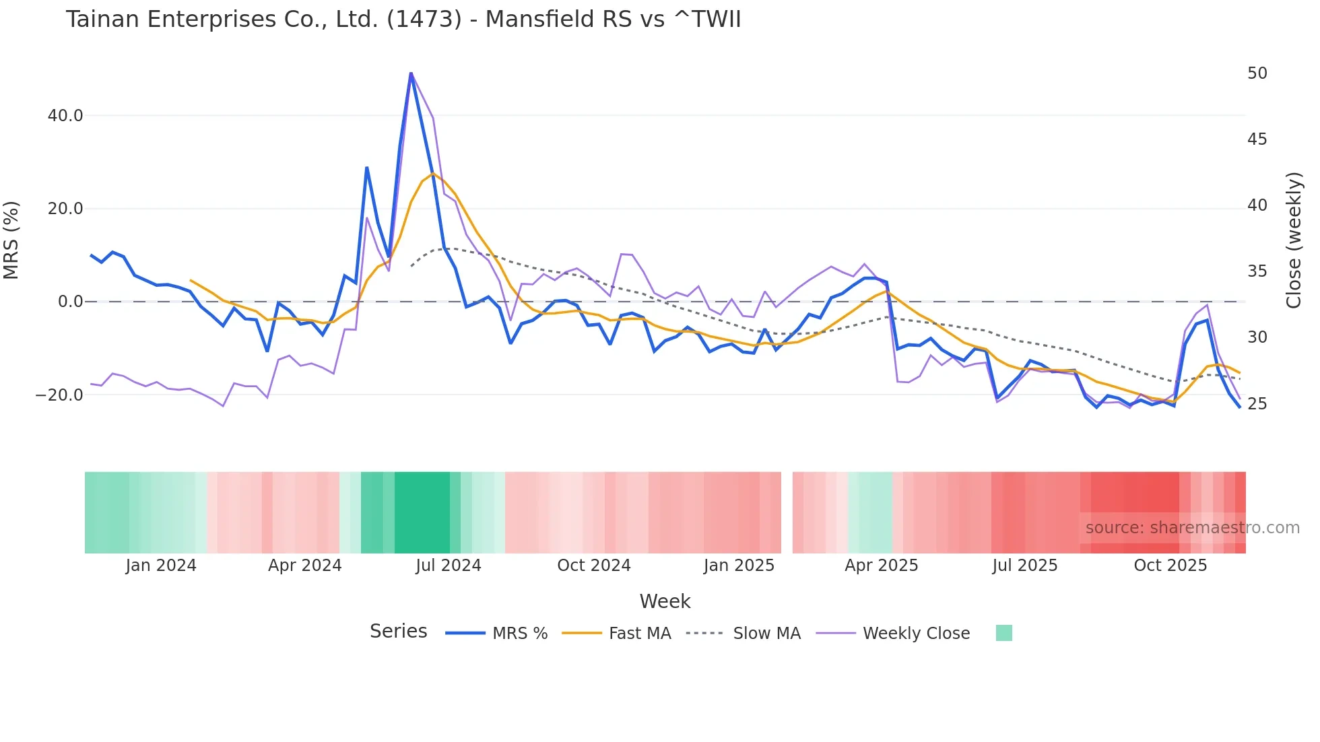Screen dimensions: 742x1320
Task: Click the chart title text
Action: coord(403,20)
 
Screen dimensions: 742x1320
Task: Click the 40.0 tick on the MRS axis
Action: coord(65,116)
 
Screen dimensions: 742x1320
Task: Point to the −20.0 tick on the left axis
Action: coord(59,395)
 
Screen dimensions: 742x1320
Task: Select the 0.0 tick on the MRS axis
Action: coord(70,302)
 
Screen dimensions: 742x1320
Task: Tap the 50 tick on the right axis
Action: coord(1257,73)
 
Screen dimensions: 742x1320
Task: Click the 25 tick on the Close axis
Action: coord(1257,404)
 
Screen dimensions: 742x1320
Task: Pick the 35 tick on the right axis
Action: coord(1257,271)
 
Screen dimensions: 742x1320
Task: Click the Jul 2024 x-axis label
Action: coord(448,566)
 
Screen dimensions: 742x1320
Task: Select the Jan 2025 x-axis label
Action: coord(739,566)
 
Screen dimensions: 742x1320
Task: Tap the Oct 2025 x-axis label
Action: coord(1170,566)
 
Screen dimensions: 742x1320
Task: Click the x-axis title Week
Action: coord(665,601)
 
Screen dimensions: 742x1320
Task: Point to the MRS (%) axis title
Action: coord(11,240)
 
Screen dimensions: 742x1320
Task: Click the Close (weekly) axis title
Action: coord(1293,240)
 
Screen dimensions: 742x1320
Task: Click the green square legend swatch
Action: coord(1003,633)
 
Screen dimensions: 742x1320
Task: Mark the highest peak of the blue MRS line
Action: coord(411,73)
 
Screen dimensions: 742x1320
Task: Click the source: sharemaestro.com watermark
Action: coord(1192,528)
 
